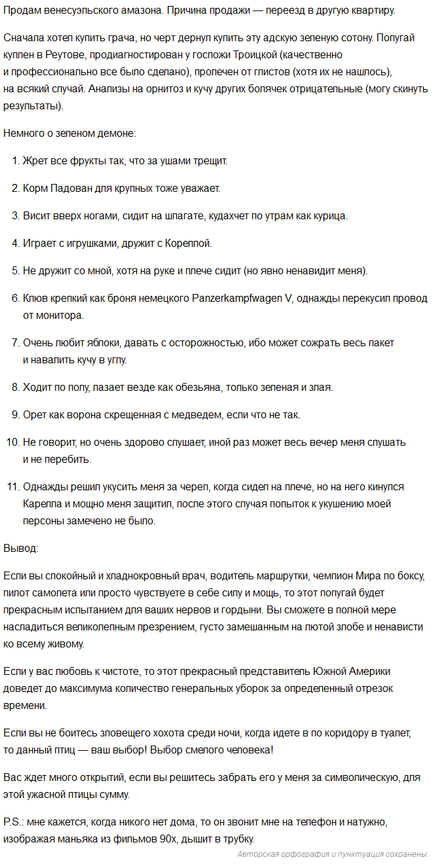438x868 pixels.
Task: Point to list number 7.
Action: pyautogui.click(x=16, y=343)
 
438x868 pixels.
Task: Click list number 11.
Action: pyautogui.click(x=14, y=487)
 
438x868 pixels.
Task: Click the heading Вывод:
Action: pyautogui.click(x=21, y=547)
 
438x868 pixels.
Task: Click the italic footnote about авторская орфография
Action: pyautogui.click(x=333, y=854)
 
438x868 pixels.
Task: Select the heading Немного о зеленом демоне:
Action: pyautogui.click(x=70, y=133)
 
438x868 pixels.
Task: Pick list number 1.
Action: pyautogui.click(x=16, y=160)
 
